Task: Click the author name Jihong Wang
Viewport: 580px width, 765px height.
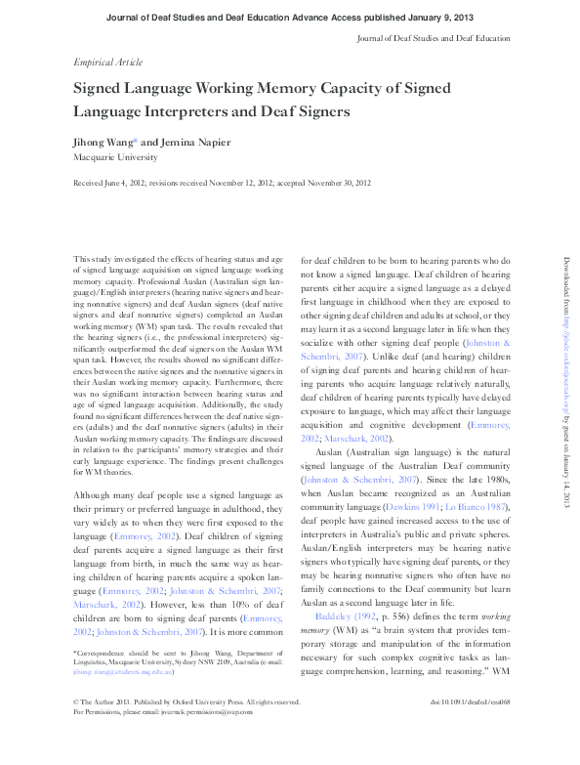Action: [x=105, y=141]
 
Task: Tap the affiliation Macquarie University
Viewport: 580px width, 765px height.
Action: [x=114, y=155]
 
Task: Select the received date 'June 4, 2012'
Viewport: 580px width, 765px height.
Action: [x=129, y=183]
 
